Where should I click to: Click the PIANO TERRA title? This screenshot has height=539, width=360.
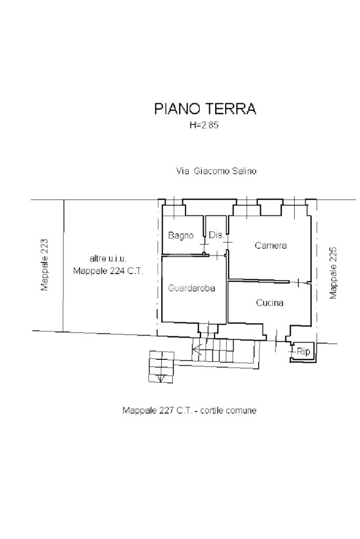coord(205,109)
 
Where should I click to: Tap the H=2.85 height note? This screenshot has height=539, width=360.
coord(204,125)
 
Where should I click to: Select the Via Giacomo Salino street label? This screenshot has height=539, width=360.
coord(216,171)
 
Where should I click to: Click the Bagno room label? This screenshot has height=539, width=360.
coord(181,236)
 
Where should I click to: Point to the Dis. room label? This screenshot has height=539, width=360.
coord(217,235)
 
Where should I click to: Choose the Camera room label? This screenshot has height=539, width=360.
coord(270,246)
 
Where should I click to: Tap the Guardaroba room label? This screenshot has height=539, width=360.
coord(191,288)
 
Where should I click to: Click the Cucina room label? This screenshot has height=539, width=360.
coord(270,303)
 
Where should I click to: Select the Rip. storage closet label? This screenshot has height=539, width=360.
coord(305,351)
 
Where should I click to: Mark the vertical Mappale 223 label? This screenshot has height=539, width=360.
coord(44,264)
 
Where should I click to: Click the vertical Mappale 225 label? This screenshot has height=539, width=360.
coord(333,273)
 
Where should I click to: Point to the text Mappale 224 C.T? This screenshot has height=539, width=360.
coord(108,271)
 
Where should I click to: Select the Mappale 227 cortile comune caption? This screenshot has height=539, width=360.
coord(189,410)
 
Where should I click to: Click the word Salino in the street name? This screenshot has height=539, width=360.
coord(244,171)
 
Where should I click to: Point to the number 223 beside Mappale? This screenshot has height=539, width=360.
coord(44,246)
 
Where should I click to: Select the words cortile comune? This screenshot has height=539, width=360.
coord(228,410)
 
